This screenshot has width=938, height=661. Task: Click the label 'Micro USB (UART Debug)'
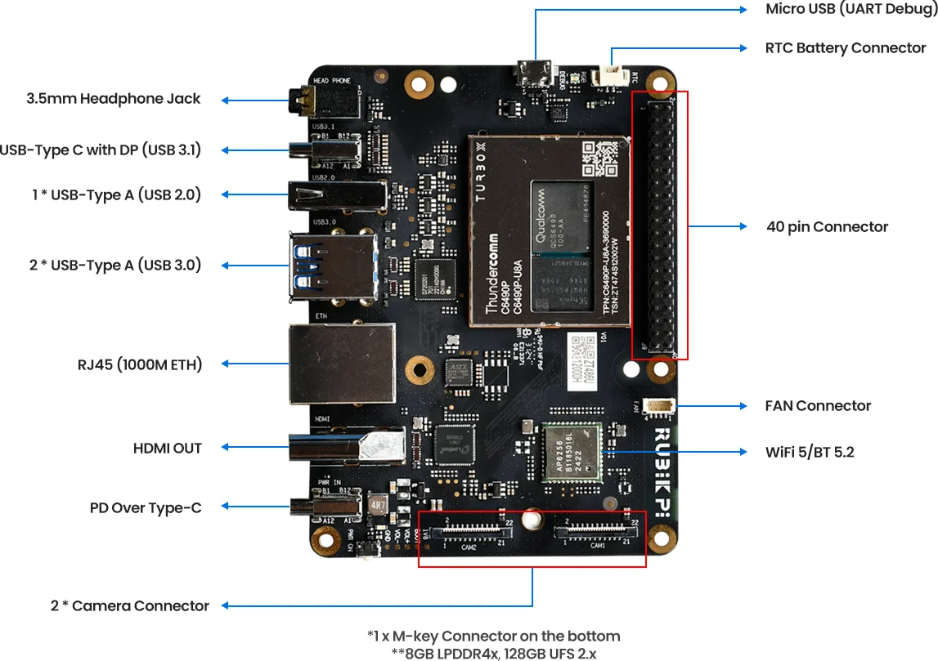[850, 9]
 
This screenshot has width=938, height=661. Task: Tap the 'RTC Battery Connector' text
[845, 48]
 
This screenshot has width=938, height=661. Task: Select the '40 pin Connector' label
[827, 227]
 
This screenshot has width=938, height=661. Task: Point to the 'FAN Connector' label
[818, 406]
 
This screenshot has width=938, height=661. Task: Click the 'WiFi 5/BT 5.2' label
[810, 452]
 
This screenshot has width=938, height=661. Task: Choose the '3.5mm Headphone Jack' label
[113, 99]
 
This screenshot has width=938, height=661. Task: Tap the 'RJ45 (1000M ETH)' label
[140, 364]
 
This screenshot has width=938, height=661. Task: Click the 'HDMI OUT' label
[167, 449]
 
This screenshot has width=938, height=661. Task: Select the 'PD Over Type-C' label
[146, 508]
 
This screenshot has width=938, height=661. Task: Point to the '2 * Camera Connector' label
[129, 606]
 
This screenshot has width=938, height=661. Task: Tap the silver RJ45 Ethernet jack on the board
[341, 364]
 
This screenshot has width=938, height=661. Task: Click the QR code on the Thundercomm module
[599, 159]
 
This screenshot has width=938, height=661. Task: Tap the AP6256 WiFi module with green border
[572, 451]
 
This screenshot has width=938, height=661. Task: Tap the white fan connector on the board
[659, 406]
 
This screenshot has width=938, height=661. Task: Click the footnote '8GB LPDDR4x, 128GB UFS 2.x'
[493, 654]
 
